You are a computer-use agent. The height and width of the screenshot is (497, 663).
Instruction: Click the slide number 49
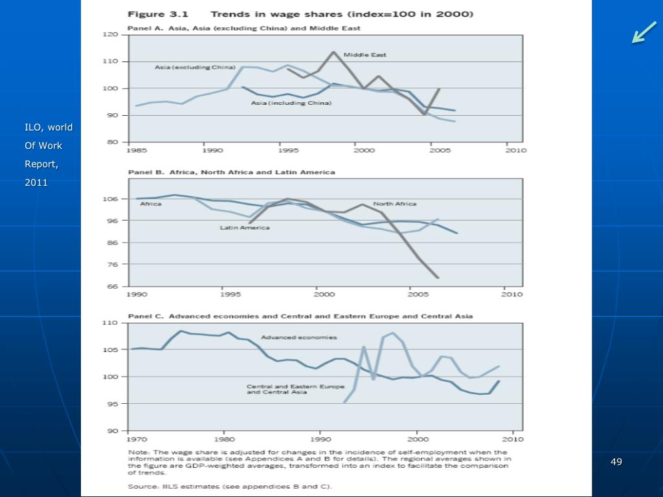(616, 461)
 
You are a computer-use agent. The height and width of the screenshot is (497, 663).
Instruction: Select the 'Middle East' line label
(365, 55)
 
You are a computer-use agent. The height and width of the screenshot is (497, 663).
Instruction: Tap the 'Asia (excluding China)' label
(186, 67)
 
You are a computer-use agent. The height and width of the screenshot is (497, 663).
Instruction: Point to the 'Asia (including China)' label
(291, 103)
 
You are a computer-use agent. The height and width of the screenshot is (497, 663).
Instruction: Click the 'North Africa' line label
(394, 204)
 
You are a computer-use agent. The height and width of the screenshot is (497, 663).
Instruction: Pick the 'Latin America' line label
(245, 228)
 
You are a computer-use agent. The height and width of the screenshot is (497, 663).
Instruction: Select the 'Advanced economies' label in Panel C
(298, 337)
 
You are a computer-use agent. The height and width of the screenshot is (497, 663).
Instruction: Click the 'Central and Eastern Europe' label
(295, 386)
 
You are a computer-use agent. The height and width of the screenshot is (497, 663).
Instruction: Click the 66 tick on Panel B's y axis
(113, 287)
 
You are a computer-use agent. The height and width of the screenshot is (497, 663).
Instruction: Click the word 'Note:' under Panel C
(139, 452)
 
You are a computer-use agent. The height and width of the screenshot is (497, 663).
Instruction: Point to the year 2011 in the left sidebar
(37, 182)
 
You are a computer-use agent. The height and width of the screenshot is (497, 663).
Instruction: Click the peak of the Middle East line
(333, 52)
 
